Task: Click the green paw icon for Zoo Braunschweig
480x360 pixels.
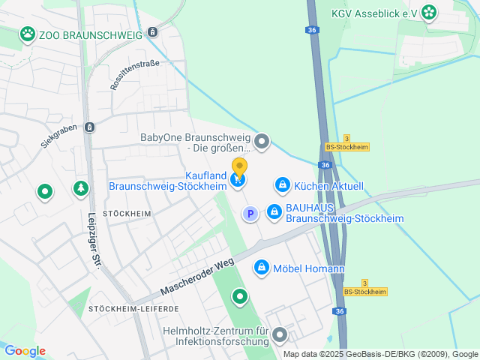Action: [x=28, y=33]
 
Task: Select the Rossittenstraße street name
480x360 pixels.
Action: [x=134, y=76]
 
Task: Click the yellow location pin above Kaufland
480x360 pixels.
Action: [x=239, y=168]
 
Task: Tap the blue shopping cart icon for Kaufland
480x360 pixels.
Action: [x=238, y=180]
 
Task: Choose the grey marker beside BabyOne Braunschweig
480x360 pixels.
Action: [x=262, y=140]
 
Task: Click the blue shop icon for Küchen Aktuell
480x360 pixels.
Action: [x=282, y=184]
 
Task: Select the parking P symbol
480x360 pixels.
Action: [x=250, y=214]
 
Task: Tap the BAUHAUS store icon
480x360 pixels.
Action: [x=274, y=212]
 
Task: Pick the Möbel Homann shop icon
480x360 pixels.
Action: [x=262, y=266]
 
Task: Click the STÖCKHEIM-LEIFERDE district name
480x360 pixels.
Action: [x=134, y=309]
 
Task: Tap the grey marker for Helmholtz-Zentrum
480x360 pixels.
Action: [x=280, y=335]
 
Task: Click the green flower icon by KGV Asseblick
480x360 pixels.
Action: [x=428, y=11]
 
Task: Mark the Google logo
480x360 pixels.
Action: [x=25, y=351]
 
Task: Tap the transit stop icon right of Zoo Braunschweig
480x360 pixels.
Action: [x=153, y=32]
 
